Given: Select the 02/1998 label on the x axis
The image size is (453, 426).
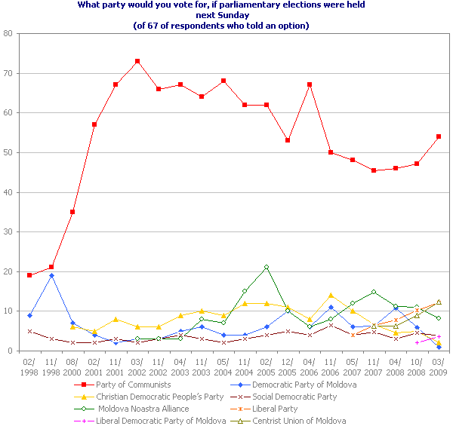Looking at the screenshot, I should [29, 366].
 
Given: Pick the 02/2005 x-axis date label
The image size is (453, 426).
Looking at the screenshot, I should [267, 366].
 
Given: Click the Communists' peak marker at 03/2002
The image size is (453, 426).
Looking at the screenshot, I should [137, 61].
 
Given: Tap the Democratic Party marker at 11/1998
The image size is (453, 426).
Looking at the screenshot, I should [51, 275].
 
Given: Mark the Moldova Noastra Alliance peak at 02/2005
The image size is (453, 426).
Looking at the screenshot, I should [267, 268].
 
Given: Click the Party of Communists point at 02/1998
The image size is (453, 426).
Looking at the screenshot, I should [29, 275].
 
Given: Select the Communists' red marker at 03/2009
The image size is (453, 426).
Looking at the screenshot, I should [439, 136].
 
